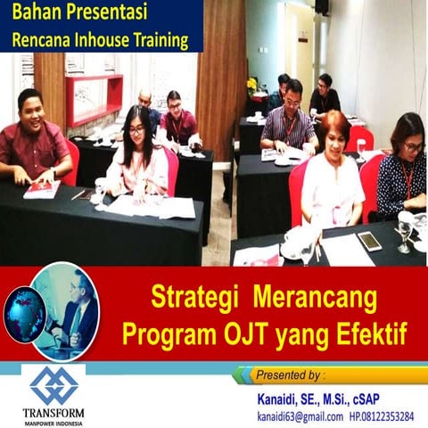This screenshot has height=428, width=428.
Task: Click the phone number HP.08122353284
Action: [381, 416]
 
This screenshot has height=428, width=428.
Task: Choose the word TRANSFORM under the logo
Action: [54, 413]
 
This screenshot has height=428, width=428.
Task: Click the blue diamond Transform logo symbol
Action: [53, 384]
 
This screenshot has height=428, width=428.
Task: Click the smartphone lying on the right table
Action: [368, 240]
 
